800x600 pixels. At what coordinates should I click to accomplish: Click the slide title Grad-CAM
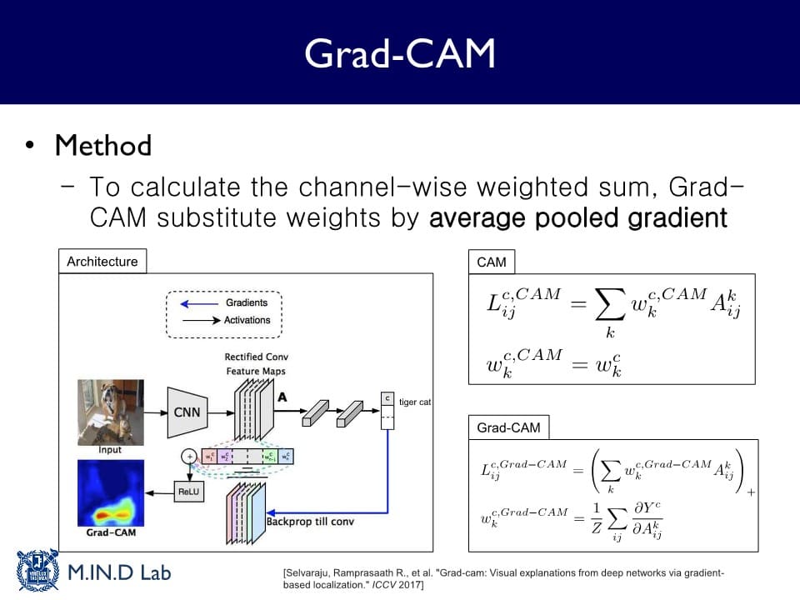tap(399, 53)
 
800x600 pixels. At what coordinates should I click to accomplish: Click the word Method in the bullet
tap(103, 146)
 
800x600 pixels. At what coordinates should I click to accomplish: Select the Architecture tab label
tap(102, 262)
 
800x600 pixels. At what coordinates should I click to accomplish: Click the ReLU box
tap(188, 492)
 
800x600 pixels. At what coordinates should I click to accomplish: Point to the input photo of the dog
tap(110, 412)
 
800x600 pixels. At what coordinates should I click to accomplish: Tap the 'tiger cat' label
tap(415, 402)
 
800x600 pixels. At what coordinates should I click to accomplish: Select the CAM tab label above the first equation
tap(492, 262)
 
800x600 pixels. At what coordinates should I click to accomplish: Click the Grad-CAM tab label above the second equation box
tap(508, 427)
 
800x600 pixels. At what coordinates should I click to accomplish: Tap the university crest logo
tap(37, 570)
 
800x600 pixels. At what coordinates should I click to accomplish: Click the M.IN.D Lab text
tap(118, 574)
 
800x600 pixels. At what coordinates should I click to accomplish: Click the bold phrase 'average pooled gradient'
tap(578, 218)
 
